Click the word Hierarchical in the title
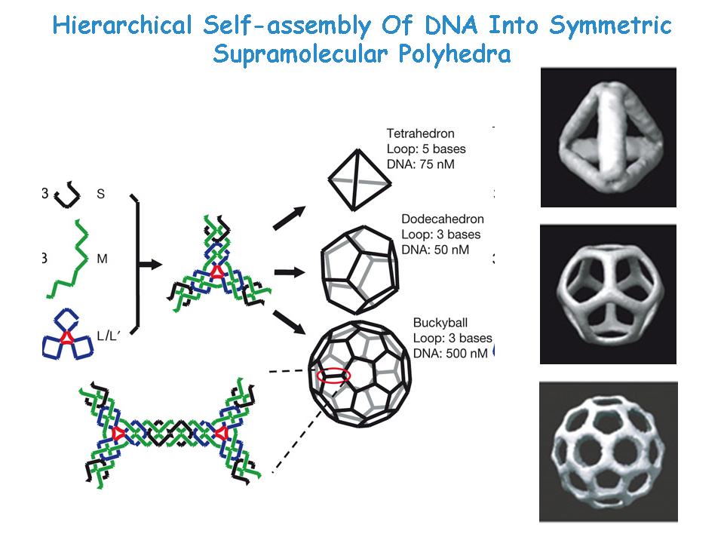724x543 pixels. click(x=122, y=25)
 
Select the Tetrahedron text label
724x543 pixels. click(x=420, y=133)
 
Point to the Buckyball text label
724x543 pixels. click(x=440, y=322)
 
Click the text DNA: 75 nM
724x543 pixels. click(x=420, y=164)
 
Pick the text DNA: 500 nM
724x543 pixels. click(x=450, y=353)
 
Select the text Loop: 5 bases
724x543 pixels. click(x=426, y=149)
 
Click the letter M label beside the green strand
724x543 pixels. click(x=102, y=259)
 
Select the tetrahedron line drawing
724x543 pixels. click(x=359, y=180)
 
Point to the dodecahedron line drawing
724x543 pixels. click(x=360, y=270)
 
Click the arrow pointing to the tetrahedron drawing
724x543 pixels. click(x=289, y=217)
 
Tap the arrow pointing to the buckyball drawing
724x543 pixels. click(x=289, y=322)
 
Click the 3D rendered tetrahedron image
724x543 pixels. click(x=608, y=137)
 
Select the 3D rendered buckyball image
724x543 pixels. click(x=608, y=452)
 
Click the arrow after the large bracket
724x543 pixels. click(x=151, y=265)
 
